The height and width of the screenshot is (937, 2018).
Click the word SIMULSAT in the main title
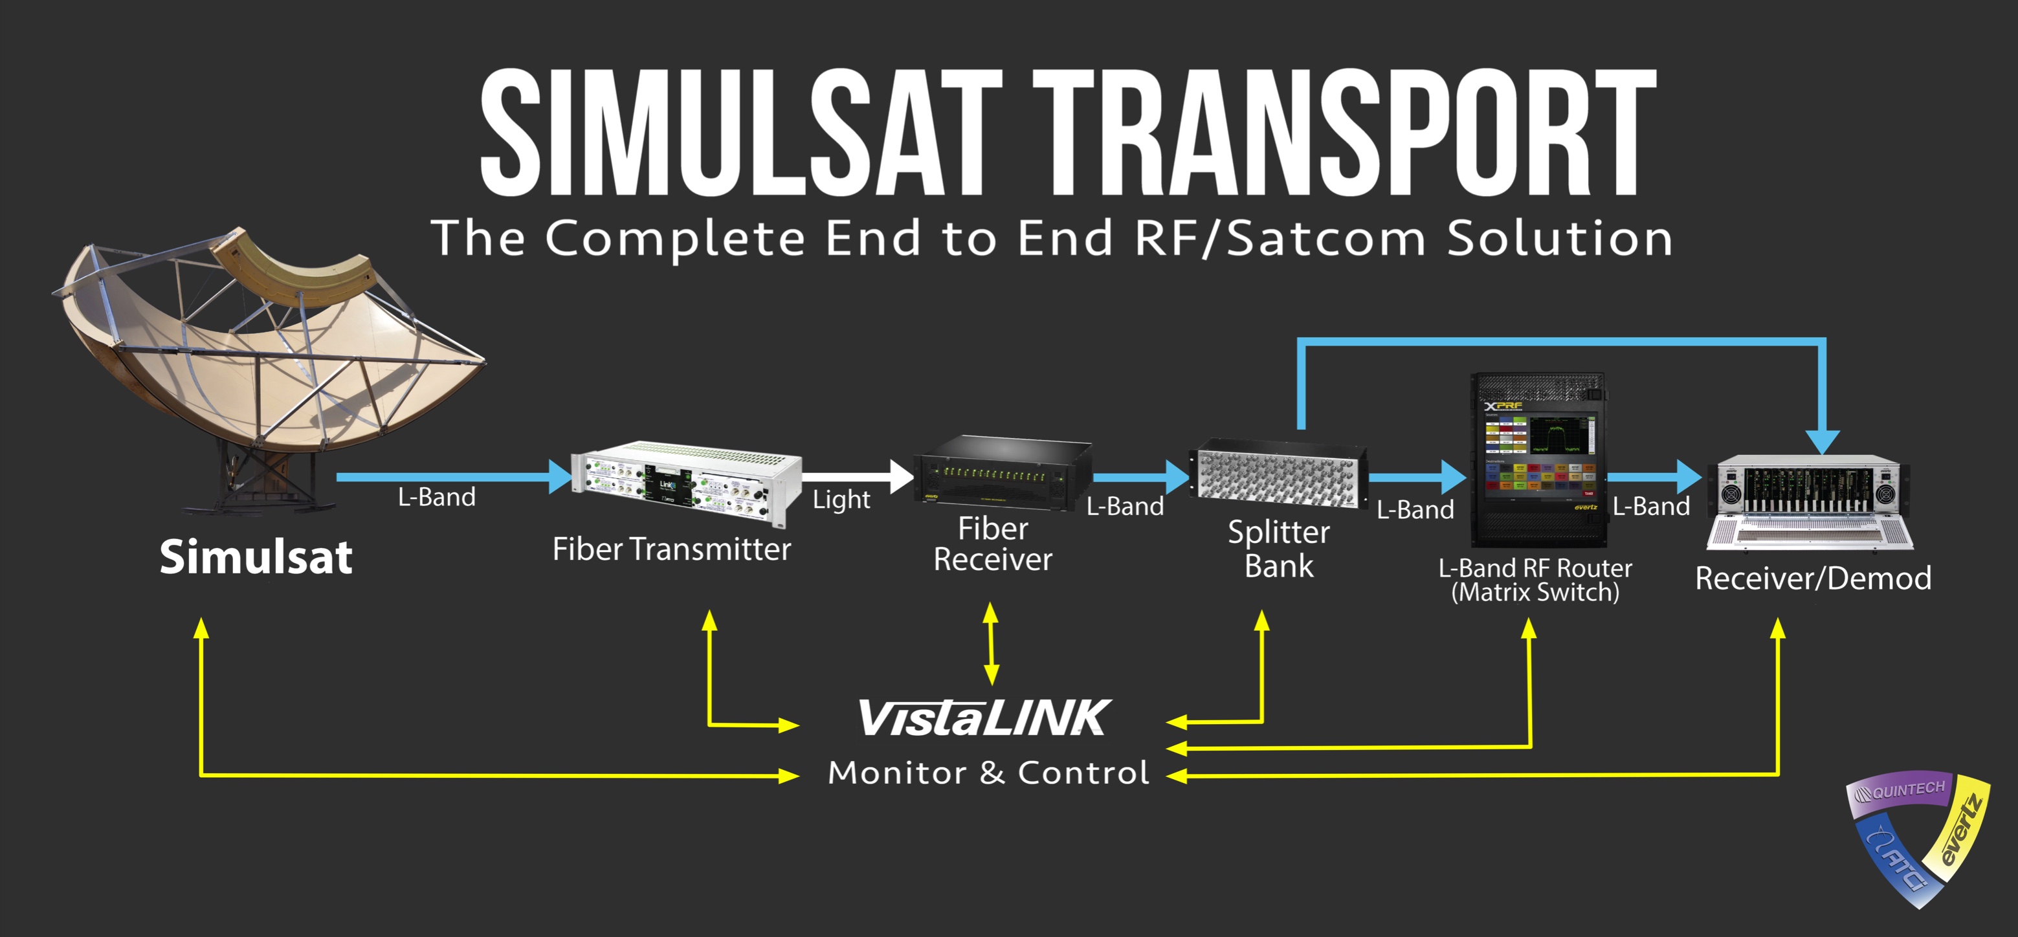coord(740,133)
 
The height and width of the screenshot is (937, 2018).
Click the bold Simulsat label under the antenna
coord(256,557)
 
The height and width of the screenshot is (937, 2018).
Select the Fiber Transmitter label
coord(671,549)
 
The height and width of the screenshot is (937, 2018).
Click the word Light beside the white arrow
coord(841,500)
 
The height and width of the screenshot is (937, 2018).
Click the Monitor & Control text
coord(989,773)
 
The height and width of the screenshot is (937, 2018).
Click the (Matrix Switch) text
coord(1535,592)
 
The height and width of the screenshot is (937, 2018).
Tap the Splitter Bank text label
coord(1278,548)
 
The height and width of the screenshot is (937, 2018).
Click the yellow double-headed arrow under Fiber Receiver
coord(991,643)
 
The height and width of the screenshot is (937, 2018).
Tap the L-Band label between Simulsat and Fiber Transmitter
coord(436,498)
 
